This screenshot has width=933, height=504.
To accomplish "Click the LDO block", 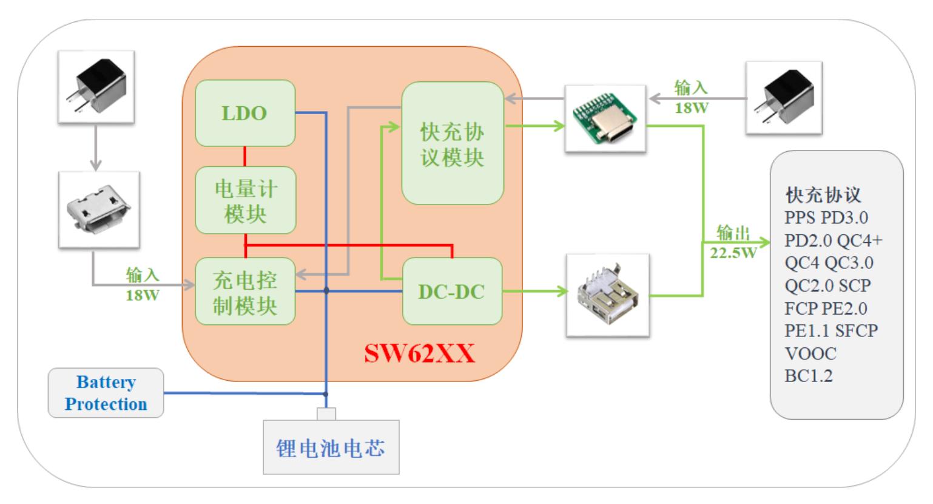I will (x=244, y=113).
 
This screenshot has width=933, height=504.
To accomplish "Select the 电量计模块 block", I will (x=245, y=200).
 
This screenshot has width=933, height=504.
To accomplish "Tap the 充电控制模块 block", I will (x=245, y=292).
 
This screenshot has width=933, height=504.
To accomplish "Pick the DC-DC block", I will (x=452, y=291).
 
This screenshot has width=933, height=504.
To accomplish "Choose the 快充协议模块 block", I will (x=453, y=144).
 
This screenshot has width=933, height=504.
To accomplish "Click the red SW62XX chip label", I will (x=419, y=353).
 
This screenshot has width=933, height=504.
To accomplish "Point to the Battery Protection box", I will (x=106, y=393).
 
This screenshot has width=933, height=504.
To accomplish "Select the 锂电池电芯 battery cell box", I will (x=331, y=448).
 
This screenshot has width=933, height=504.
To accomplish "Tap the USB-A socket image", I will (x=607, y=295).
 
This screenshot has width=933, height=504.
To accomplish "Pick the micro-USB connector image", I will (x=99, y=209).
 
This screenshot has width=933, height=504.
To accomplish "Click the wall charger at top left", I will (x=96, y=87).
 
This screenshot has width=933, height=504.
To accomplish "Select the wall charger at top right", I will (x=783, y=97).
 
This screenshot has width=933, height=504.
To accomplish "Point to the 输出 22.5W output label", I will (x=733, y=242).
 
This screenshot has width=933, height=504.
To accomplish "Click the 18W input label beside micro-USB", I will (x=143, y=285).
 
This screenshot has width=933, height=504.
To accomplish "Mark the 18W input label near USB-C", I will (x=692, y=98).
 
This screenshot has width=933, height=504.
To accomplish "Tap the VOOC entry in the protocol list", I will (x=810, y=353).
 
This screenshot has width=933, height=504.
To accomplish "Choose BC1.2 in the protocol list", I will (x=809, y=376).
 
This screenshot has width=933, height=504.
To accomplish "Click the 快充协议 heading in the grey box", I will (x=823, y=195).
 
